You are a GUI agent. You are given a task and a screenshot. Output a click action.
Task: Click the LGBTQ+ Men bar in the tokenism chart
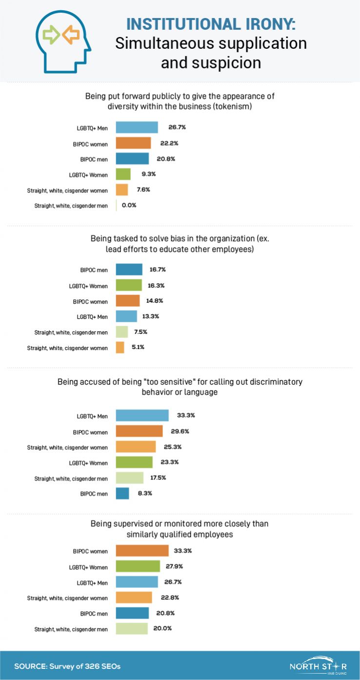point(137,127)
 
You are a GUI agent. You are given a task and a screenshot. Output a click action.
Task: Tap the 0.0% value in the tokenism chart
point(129,205)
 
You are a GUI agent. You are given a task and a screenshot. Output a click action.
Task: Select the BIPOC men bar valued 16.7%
point(129,269)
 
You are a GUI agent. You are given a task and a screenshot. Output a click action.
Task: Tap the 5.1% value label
point(138,348)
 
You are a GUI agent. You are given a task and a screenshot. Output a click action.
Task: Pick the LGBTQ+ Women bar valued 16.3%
point(129,285)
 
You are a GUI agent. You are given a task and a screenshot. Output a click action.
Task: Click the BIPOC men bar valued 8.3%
point(122,494)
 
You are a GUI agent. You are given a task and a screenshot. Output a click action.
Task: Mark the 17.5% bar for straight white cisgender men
point(129,478)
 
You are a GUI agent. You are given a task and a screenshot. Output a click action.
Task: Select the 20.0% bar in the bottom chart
point(132,629)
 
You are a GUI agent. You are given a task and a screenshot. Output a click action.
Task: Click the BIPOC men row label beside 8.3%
point(94,494)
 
